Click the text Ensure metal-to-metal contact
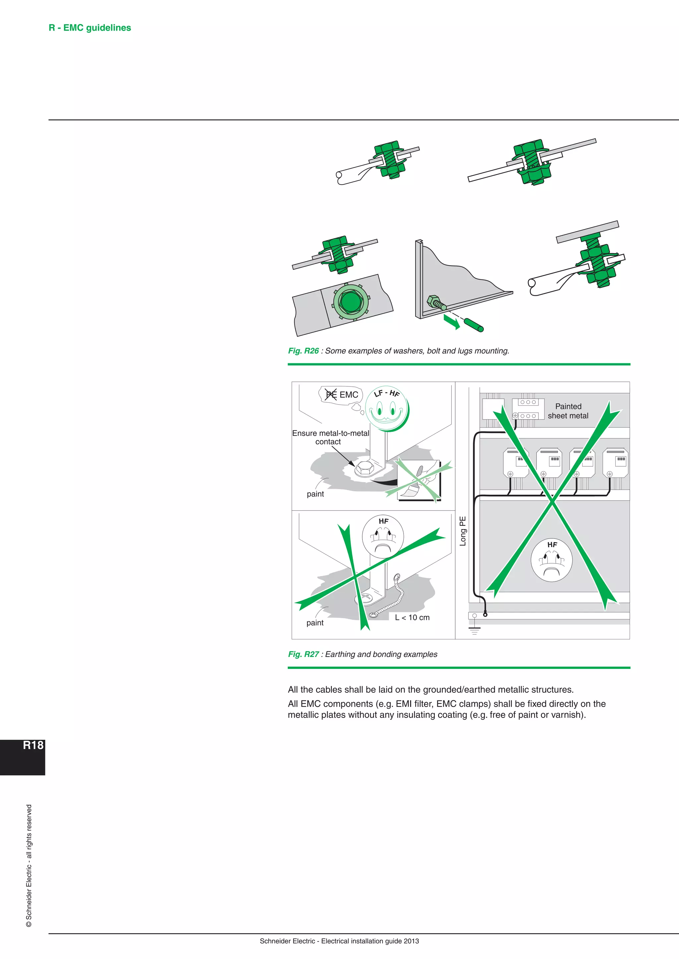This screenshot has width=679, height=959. pyautogui.click(x=330, y=437)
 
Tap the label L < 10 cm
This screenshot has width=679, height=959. pyautogui.click(x=412, y=617)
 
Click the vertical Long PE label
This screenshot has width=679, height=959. pyautogui.click(x=463, y=531)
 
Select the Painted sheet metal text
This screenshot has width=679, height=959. pyautogui.click(x=568, y=411)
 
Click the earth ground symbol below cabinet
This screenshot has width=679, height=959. pyautogui.click(x=474, y=630)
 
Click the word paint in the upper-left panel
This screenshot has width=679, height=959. pyautogui.click(x=315, y=494)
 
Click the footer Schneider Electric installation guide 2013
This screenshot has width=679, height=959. pyautogui.click(x=339, y=941)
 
